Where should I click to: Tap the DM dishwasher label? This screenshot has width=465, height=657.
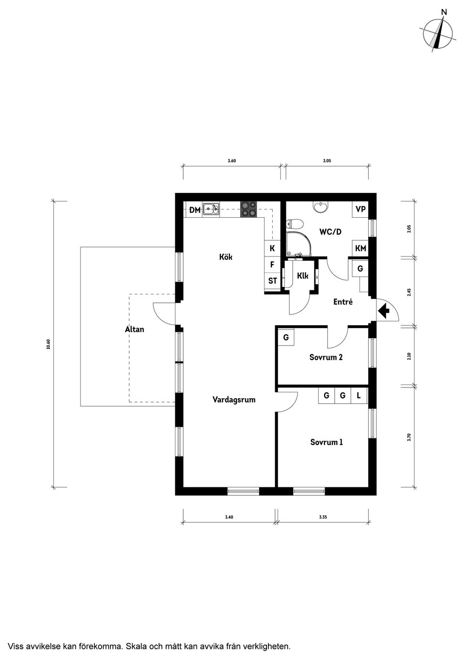[195, 210]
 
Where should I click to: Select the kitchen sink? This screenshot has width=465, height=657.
[211, 209]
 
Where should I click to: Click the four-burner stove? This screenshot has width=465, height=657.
[249, 209]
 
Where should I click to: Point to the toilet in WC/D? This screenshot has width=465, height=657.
[294, 224]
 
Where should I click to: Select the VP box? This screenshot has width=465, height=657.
[360, 209]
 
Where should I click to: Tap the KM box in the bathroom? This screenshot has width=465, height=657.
[360, 248]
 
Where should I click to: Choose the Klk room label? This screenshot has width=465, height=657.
[303, 276]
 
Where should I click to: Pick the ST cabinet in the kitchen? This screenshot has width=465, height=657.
[272, 281]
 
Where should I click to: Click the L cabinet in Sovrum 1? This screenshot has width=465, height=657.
[359, 396]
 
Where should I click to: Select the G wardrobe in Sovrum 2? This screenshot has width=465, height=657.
[286, 337]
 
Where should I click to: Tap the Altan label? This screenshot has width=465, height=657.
[134, 329]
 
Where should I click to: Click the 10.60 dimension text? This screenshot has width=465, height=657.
[48, 344]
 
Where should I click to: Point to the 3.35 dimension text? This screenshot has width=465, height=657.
[323, 517]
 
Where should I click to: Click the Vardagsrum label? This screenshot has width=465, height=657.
[233, 400]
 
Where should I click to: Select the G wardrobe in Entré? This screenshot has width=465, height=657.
[360, 269]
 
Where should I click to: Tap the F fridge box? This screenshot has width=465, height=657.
[272, 265]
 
